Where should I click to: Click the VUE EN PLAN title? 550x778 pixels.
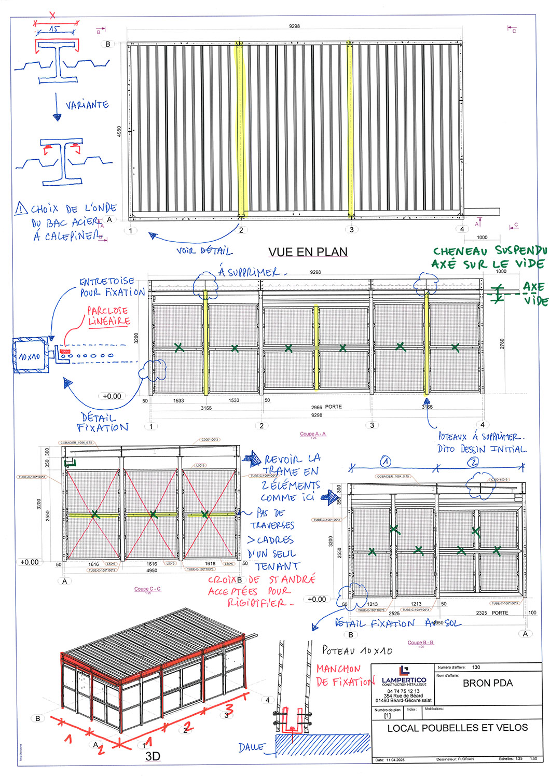[x=308, y=252]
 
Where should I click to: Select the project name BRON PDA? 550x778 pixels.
[x=487, y=683]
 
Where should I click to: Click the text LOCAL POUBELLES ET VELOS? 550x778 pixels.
[x=457, y=728]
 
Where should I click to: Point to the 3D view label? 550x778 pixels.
[x=153, y=756]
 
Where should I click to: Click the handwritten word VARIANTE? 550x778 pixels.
[x=87, y=105]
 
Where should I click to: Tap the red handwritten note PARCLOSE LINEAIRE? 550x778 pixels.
[x=108, y=316]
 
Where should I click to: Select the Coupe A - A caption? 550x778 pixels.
[x=313, y=434]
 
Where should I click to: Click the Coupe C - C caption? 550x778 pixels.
[x=147, y=589]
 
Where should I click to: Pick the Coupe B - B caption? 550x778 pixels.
[x=420, y=643]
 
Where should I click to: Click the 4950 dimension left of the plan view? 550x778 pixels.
[x=119, y=131]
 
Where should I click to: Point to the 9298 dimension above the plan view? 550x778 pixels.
[x=294, y=26]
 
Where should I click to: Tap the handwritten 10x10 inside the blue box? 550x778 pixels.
[x=30, y=357]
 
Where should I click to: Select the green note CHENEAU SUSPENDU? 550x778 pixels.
[x=489, y=252]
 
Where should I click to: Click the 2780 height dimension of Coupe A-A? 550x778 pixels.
[x=502, y=343]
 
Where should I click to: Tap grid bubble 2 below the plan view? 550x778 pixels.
[x=241, y=230]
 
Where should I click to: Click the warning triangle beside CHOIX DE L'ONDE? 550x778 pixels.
[x=21, y=209]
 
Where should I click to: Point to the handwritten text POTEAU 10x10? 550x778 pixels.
[x=357, y=650]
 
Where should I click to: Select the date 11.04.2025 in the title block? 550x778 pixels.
[x=395, y=760]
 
